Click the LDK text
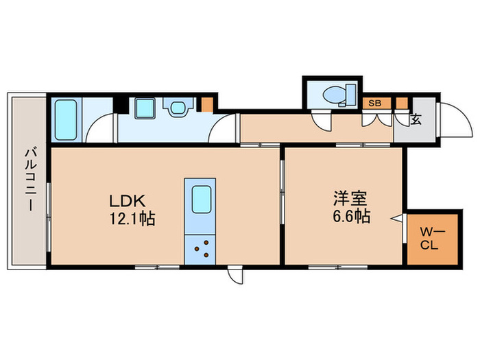[127, 202]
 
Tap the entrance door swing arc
[451, 117]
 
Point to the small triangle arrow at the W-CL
[395, 218]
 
